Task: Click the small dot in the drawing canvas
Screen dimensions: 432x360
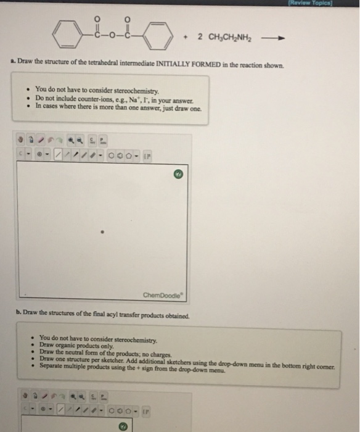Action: pyautogui.click(x=104, y=233)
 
